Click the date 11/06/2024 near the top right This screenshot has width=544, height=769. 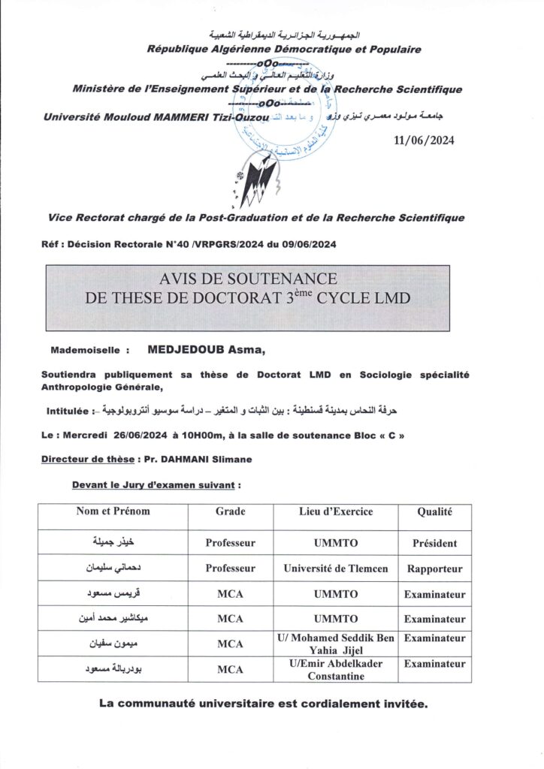click(x=424, y=140)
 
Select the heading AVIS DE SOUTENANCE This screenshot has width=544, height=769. click(x=248, y=280)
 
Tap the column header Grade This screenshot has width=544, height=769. click(x=230, y=511)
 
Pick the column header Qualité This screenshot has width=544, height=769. click(x=435, y=511)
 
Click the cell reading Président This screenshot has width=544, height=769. click(x=435, y=542)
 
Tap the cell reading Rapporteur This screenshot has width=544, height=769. click(x=435, y=568)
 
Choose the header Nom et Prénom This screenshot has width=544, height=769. click(x=113, y=511)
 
